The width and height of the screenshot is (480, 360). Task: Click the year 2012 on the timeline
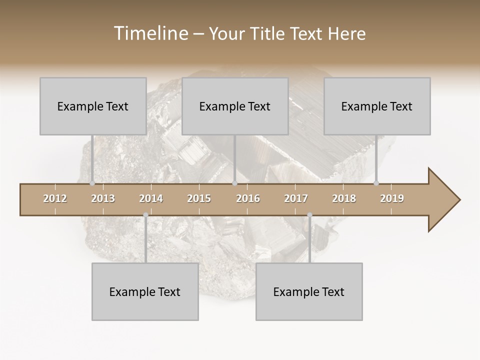(x=55, y=198)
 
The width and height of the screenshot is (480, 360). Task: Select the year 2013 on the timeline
(x=103, y=198)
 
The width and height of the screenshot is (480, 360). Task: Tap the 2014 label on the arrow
(x=151, y=198)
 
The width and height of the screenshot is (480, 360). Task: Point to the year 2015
(x=199, y=198)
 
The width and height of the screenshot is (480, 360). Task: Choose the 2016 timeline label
(x=248, y=198)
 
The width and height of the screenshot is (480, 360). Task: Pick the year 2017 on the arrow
(x=296, y=198)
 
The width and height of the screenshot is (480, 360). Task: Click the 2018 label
(x=344, y=198)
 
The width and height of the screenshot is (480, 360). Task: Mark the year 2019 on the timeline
(x=392, y=198)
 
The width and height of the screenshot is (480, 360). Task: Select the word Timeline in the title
(x=150, y=33)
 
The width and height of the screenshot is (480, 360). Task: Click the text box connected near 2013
(x=93, y=106)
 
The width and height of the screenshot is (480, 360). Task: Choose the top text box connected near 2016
(x=235, y=106)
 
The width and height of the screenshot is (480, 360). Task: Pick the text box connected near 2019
(x=377, y=106)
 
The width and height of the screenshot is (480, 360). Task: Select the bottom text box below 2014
(x=145, y=291)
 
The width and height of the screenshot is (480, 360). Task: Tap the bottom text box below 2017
(x=309, y=291)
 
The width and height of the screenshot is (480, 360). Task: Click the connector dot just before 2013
(x=92, y=183)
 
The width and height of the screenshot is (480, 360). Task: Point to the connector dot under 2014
(x=145, y=215)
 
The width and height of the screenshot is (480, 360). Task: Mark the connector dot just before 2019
(x=376, y=183)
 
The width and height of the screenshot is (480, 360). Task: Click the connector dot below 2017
(x=309, y=215)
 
